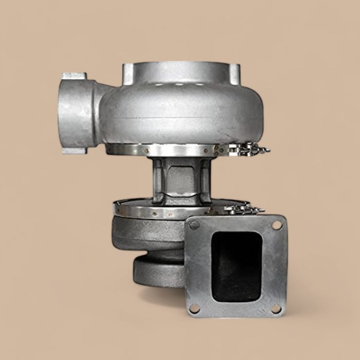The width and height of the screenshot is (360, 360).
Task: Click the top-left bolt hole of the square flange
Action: pos(194,225)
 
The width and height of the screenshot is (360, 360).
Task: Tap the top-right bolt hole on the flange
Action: pos(277,225)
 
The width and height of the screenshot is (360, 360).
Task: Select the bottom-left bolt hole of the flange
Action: pos(194,309)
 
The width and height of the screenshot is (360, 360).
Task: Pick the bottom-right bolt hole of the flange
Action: pos(276,309)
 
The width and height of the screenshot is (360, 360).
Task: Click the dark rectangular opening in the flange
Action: pos(236,266)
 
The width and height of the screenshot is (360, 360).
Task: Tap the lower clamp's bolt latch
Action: pos(245,209)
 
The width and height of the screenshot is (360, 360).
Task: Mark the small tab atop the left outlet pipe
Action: pos(74,76)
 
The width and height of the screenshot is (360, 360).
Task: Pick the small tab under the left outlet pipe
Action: pos(74,151)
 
